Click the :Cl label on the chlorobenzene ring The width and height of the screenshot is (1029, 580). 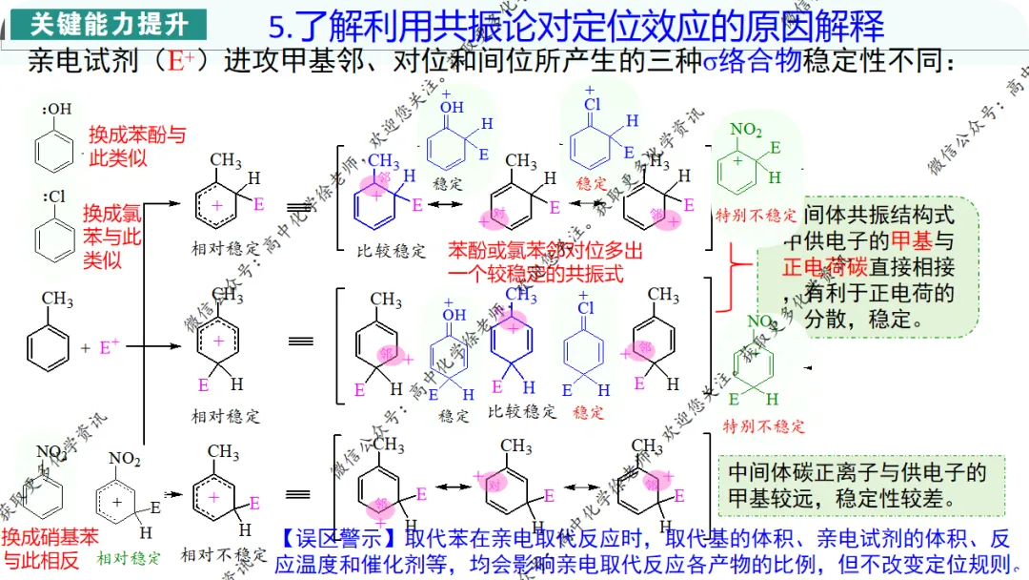pos(54,197)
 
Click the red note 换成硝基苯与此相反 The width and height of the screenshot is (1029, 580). pos(50,549)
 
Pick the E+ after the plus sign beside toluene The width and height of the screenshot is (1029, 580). pos(110,348)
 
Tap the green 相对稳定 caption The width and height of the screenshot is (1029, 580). pos(129,557)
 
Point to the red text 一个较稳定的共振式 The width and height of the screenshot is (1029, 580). pos(535,274)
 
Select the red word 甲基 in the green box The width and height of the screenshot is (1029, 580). pos(910,240)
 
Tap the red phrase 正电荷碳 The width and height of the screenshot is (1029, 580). pos(824,267)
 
